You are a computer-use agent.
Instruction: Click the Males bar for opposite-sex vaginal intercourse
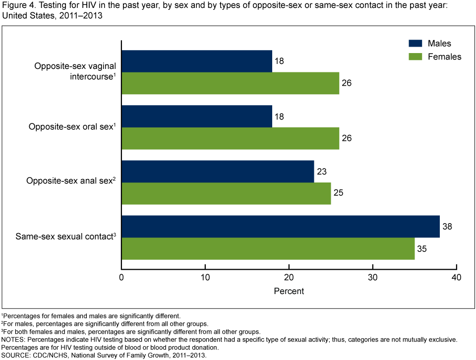(x=197, y=61)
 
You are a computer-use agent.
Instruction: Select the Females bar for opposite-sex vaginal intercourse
(x=230, y=83)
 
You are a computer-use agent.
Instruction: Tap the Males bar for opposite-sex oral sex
(x=197, y=116)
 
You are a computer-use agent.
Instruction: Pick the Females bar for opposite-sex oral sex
(x=230, y=138)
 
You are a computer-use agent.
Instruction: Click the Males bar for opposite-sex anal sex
(x=218, y=171)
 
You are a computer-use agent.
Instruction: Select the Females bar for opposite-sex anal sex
(x=226, y=193)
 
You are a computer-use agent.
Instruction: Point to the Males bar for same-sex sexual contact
(x=281, y=226)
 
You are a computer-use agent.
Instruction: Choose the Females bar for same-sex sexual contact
(x=268, y=248)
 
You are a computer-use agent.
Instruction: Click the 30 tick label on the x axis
(x=372, y=277)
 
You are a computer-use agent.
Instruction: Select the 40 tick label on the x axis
(x=456, y=277)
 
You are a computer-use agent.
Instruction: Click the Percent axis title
(x=289, y=291)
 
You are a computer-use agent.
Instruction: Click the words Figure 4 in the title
(x=17, y=5)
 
